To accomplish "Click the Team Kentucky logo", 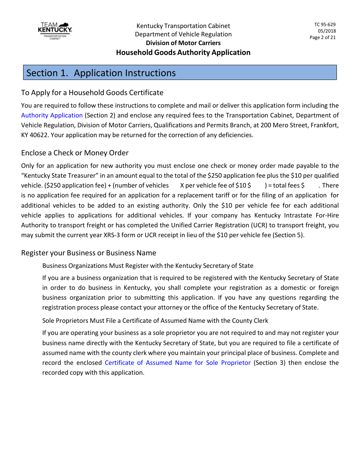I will click(55, 31).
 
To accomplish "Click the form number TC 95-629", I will click(325, 25).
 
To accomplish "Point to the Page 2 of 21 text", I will click(322, 38).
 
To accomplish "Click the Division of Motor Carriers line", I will click(183, 43).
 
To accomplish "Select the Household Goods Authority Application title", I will click(183, 53).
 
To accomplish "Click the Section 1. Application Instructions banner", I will click(180, 73).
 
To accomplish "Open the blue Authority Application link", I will click(52, 116).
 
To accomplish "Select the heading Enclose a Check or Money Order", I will click(75, 153).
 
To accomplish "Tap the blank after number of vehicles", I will click(174, 186).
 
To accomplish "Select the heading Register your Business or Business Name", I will click(89, 253).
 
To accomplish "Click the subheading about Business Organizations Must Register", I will click(148, 266).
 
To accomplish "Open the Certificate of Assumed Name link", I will click(178, 363).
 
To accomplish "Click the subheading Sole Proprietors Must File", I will click(155, 321).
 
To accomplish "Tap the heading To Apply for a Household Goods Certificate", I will click(92, 93).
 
